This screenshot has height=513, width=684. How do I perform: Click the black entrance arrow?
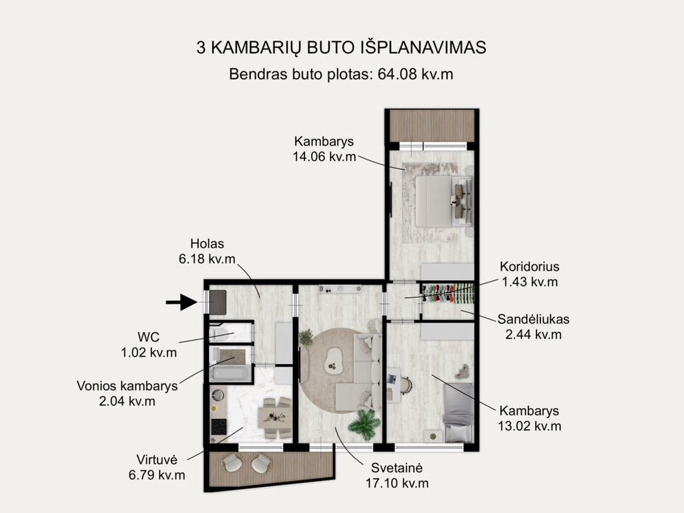pos(182,302)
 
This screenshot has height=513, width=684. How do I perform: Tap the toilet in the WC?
pos(220,335)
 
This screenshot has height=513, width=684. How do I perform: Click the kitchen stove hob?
pos(219,427)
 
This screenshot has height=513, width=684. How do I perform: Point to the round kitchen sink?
pos(218,395)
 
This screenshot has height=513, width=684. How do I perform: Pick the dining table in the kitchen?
pos(274,417)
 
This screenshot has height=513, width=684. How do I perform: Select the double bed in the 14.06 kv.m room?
pos(444,201)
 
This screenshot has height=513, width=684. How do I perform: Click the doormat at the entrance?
pos(218,302)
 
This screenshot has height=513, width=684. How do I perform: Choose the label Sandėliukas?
pos(533,319)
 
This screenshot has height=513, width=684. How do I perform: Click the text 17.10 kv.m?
pos(397,484)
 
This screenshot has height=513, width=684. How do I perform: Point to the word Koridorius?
pos(529,267)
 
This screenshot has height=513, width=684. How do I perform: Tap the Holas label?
pos(208,244)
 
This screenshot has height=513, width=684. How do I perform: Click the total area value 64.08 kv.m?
pos(415,74)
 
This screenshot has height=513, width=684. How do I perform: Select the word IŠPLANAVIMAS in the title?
pos(423,47)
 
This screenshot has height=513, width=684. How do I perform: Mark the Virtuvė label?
pos(157,460)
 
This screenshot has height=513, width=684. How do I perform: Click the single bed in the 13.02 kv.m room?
pos(458,413)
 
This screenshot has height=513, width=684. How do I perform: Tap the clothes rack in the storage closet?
pos(448,293)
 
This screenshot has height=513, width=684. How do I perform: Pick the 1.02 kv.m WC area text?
pos(149,352)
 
